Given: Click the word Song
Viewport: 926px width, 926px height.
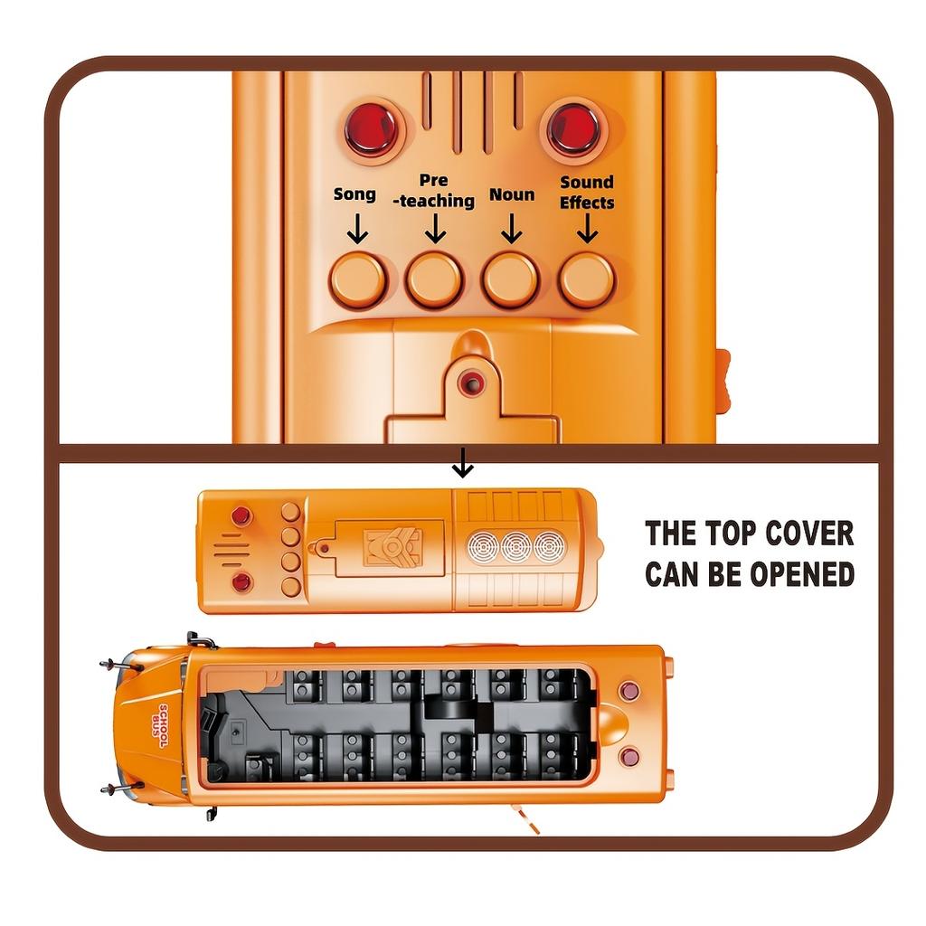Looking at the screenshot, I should tap(354, 194).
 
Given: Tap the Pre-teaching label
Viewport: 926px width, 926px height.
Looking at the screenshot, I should tap(434, 192).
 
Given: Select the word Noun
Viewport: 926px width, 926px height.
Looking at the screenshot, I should tap(512, 194).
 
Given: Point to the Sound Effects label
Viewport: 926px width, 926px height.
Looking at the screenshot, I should tap(587, 192).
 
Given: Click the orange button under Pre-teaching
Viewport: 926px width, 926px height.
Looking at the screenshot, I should tap(434, 279).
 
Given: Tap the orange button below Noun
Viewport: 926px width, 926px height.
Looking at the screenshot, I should tap(511, 279).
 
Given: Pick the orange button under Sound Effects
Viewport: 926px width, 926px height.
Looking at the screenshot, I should tap(587, 279).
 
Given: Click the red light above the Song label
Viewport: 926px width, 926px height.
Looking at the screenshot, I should tap(371, 128).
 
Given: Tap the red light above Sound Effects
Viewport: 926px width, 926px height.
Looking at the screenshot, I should tap(573, 128).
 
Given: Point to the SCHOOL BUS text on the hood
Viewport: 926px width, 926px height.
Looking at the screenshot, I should tap(163, 726).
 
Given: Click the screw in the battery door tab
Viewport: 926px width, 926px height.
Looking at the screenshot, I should tap(470, 383).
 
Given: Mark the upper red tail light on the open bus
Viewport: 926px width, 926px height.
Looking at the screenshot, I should tap(629, 692).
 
